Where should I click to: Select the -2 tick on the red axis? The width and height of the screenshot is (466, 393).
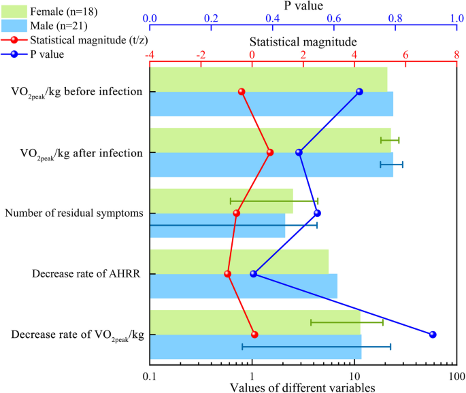[200, 55]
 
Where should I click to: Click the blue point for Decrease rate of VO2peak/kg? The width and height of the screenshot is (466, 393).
[433, 335]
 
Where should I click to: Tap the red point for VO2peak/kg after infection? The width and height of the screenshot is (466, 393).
[270, 152]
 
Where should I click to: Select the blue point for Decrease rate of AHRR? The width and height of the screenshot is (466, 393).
[254, 274]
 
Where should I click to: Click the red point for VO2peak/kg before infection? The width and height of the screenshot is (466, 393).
[242, 91]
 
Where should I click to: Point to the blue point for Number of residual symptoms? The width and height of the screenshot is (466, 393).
[317, 213]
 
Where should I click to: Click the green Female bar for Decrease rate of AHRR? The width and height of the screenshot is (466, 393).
[239, 262]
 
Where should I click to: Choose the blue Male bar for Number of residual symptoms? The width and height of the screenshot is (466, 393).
[217, 225]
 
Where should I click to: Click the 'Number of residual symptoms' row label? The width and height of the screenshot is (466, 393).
[74, 213]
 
